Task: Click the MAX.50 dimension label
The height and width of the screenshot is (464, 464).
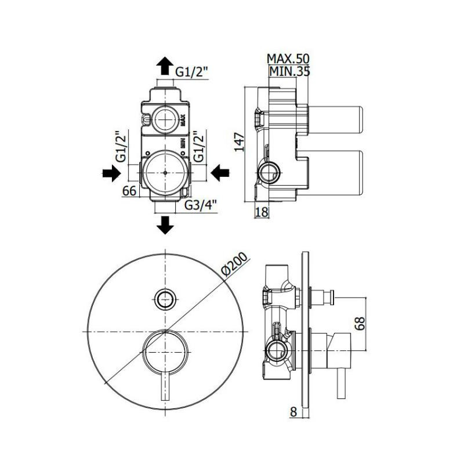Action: [288, 59]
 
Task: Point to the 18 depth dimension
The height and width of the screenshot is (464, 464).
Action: [262, 212]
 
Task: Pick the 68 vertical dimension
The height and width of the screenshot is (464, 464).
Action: [360, 323]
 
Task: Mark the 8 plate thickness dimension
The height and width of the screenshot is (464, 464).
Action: [293, 412]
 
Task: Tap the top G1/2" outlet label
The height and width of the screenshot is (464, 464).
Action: [192, 72]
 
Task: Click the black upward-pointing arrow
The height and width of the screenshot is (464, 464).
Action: [165, 65]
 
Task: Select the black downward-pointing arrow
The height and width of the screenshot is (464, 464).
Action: [166, 224]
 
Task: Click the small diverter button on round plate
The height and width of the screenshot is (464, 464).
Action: [165, 298]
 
